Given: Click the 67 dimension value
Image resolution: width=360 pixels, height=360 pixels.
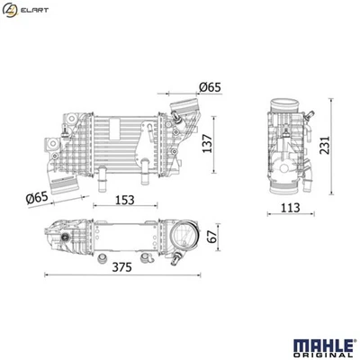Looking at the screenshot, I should point(211,237).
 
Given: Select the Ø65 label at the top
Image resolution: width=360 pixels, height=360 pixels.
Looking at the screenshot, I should point(210,88).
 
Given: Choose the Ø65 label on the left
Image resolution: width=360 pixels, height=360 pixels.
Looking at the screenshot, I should point(36,196).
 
